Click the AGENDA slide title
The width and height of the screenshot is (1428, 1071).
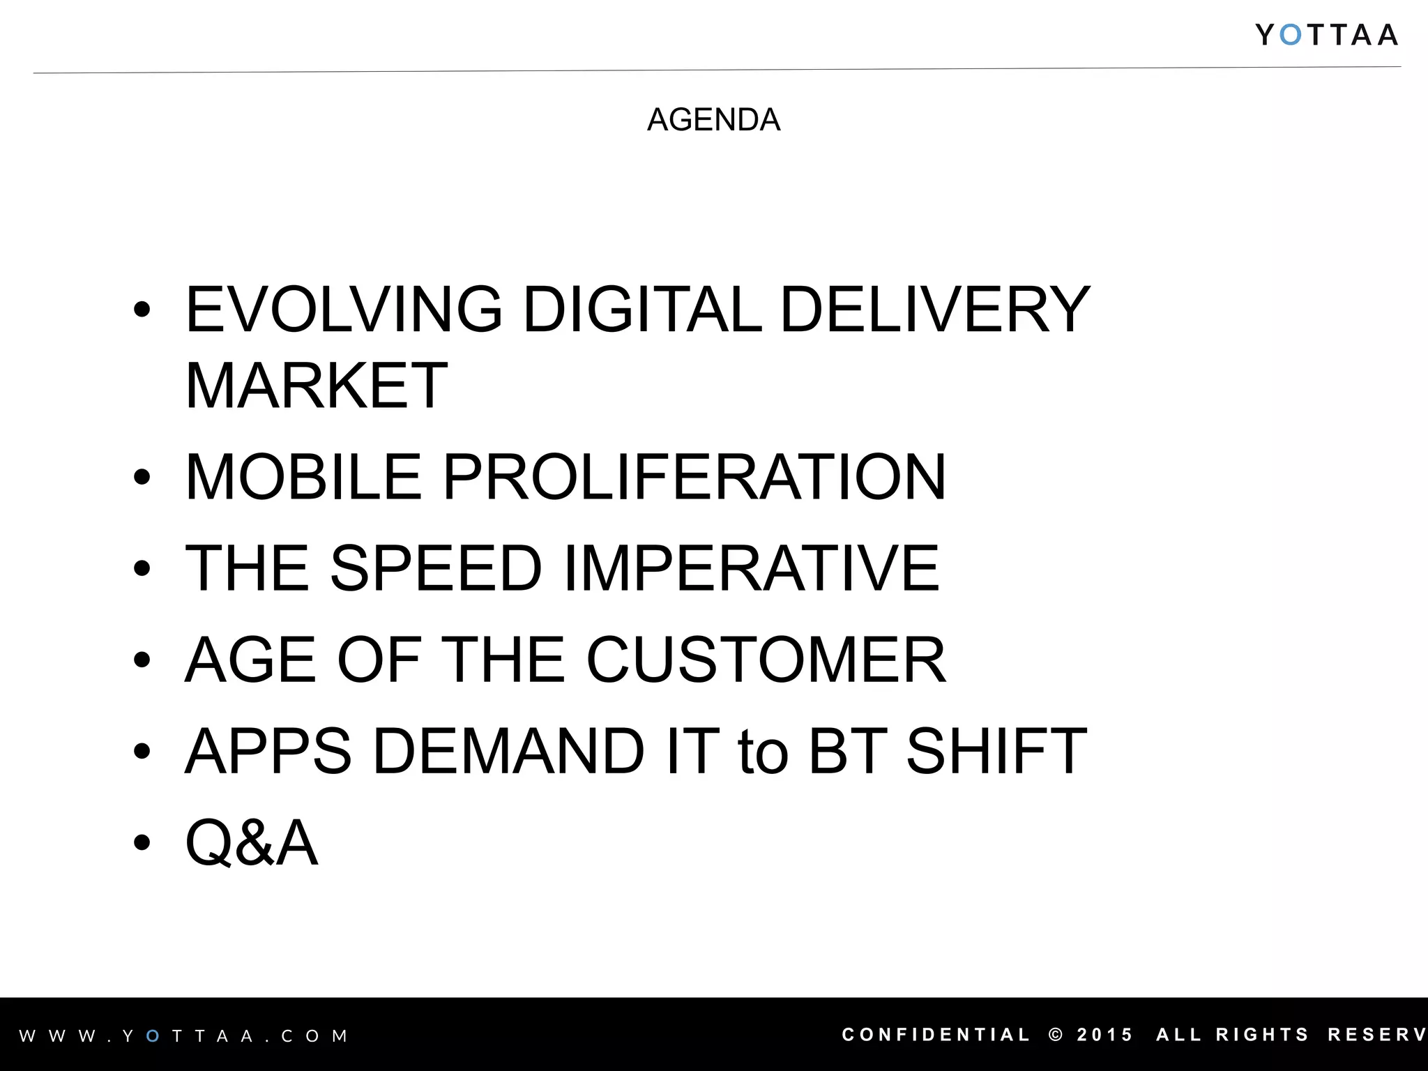pos(713,120)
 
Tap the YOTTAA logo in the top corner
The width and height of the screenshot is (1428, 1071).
pos(1326,35)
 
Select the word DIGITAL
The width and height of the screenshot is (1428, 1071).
pos(641,310)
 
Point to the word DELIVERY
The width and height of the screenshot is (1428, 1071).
pos(934,310)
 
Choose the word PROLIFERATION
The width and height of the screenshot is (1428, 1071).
pos(694,477)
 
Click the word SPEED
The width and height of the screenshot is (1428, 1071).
pos(436,568)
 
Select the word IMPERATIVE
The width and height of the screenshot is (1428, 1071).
pos(752,568)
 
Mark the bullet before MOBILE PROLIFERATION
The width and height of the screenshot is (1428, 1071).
pos(142,477)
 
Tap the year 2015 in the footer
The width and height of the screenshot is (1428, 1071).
pos(1105,1035)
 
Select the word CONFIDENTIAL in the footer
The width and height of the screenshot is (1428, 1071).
pos(936,1035)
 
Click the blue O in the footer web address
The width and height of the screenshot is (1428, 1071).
pos(153,1036)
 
